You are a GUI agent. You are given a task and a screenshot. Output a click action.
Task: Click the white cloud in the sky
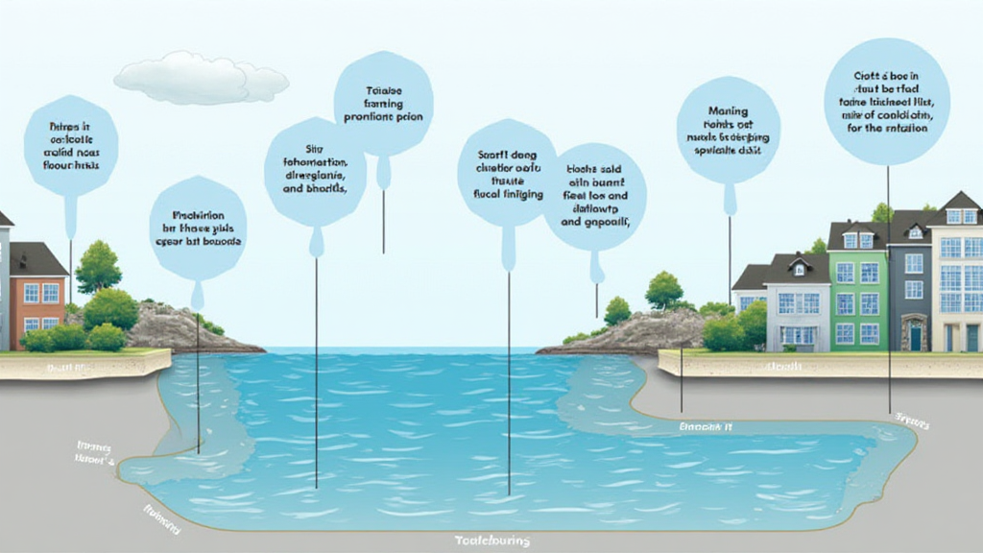pyautogui.click(x=202, y=78)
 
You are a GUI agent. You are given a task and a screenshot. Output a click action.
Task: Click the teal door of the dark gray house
pyautogui.click(x=915, y=337)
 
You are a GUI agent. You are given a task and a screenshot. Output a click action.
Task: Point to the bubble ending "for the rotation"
pyautogui.click(x=886, y=101)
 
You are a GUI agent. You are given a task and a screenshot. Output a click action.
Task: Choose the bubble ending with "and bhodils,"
pyautogui.click(x=314, y=171)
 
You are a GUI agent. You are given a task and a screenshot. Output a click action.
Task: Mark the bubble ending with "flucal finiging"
pyautogui.click(x=508, y=173)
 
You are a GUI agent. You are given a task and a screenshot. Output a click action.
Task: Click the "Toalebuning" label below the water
pyautogui.click(x=491, y=541)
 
